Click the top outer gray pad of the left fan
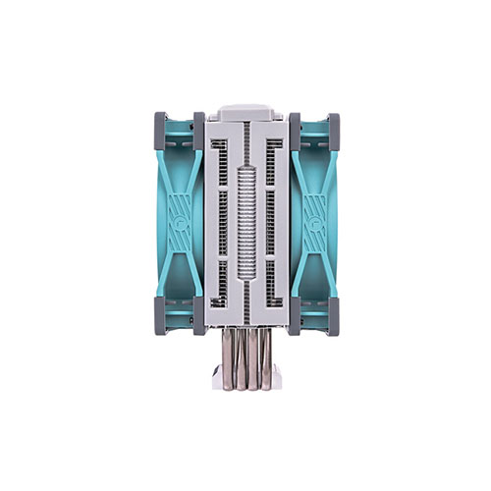pyautogui.click(x=159, y=126)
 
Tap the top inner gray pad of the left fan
pyautogui.click(x=198, y=125)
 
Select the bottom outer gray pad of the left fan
pyautogui.click(x=159, y=318)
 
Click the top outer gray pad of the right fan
pyautogui.click(x=333, y=126)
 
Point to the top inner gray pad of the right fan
pyautogui.click(x=294, y=125)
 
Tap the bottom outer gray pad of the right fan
pyautogui.click(x=333, y=318)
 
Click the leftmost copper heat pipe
pyautogui.click(x=227, y=359)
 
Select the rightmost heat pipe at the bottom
pyautogui.click(x=264, y=359)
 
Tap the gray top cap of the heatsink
pyautogui.click(x=245, y=112)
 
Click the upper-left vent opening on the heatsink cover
pyautogui.click(x=222, y=161)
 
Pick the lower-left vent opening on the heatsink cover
pyautogui.click(x=222, y=280)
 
